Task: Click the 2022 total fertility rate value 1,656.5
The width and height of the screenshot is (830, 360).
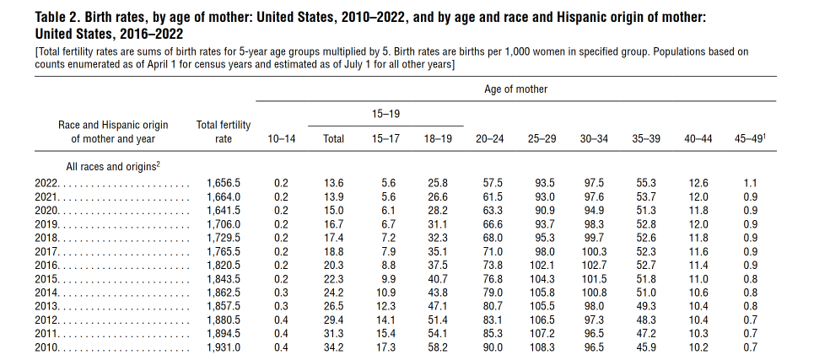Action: (x=224, y=182)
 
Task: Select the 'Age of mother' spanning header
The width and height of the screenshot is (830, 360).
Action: (x=515, y=89)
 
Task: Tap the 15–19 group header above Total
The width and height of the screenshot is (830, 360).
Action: (x=385, y=112)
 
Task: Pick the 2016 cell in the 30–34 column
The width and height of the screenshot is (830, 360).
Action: (x=594, y=265)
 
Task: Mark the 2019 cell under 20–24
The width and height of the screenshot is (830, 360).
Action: (x=492, y=223)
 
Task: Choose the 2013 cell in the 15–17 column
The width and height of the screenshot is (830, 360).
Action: (x=388, y=305)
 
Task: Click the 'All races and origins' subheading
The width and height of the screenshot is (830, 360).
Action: (x=113, y=167)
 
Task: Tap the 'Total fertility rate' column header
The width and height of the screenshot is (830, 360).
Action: (x=223, y=132)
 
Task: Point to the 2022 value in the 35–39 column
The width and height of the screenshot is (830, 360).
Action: (x=645, y=182)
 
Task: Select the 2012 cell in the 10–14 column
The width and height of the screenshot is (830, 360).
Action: (x=281, y=320)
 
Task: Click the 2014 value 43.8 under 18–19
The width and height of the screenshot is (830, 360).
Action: (x=438, y=292)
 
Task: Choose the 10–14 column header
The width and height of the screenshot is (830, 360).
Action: (x=281, y=138)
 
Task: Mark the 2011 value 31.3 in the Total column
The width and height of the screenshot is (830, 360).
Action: (x=334, y=333)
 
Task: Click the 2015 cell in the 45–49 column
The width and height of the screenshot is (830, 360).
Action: (x=750, y=278)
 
